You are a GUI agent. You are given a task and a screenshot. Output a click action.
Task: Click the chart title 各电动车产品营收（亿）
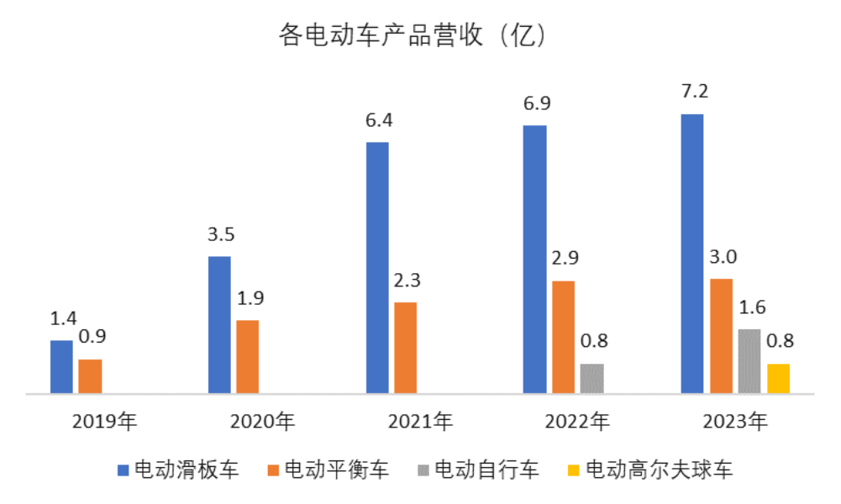pos(413,36)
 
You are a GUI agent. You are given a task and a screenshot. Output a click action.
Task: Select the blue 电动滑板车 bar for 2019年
pos(61,366)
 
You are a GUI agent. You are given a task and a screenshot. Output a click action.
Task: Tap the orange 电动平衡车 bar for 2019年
pos(90,375)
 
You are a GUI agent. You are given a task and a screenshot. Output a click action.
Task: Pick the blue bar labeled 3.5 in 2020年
pos(219,324)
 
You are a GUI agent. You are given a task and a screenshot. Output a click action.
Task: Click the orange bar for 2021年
pos(405,347)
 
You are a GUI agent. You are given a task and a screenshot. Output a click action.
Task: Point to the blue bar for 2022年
pos(534,259)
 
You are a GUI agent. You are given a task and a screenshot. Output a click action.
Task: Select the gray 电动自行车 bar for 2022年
pos(591,378)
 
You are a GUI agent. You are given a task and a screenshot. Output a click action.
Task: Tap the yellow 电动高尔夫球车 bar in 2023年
pos(778,378)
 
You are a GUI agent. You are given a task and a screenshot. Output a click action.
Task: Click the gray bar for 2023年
pos(749,360)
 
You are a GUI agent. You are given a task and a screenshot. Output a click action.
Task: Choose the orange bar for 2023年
pos(721,335)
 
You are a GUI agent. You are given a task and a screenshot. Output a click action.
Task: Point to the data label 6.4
pos(379,120)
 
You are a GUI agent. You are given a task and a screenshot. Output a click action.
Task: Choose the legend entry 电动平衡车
pos(328,469)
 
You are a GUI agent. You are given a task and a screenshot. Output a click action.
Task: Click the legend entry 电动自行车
pos(478,469)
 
